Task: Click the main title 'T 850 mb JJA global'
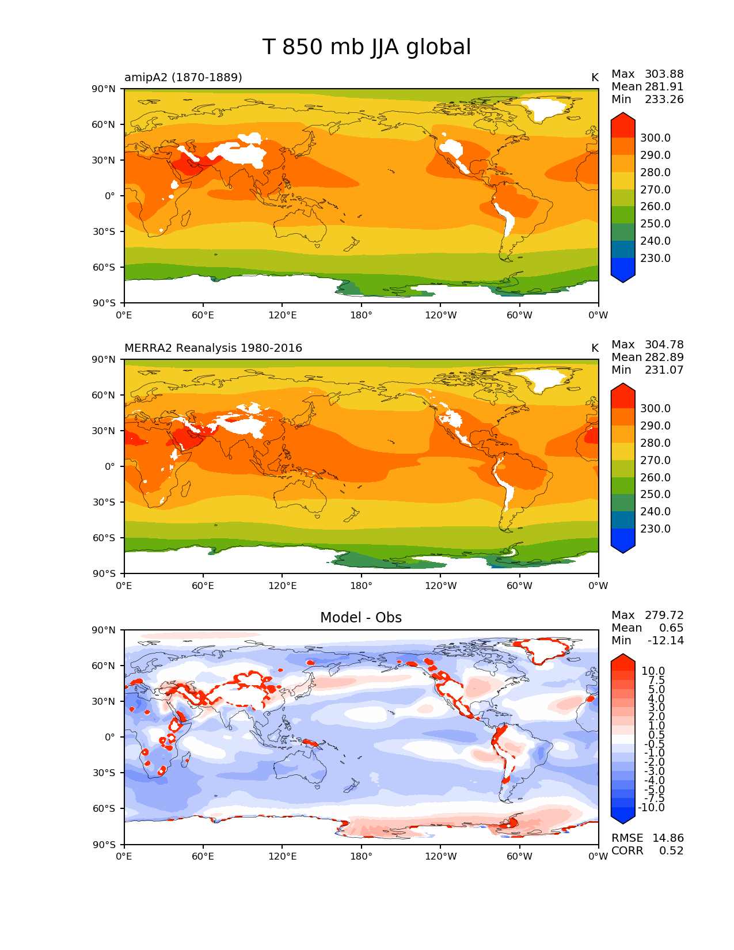tap(367, 47)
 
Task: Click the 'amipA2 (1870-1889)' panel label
tap(183, 77)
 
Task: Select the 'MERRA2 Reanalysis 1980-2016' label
tap(213, 348)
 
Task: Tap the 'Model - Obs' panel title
tap(361, 618)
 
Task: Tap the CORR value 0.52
tap(671, 850)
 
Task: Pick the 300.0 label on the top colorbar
tap(655, 138)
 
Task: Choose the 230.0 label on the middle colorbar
tap(655, 529)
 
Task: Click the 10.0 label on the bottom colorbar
tap(653, 671)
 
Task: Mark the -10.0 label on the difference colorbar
tap(651, 807)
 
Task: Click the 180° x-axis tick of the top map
tap(361, 315)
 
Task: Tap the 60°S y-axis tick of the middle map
tap(105, 538)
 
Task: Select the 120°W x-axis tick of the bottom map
tap(441, 856)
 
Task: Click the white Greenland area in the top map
tap(544, 108)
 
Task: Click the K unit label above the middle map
tap(595, 348)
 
